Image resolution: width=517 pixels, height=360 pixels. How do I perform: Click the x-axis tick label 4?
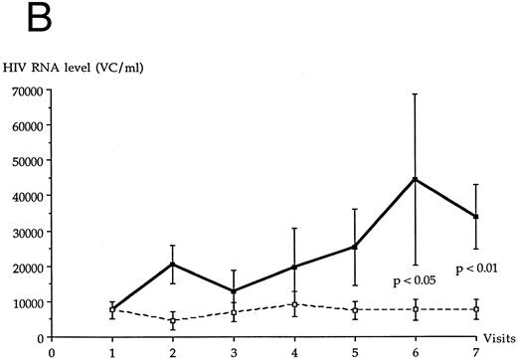[295, 350]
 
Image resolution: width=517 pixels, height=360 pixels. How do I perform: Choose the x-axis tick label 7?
[476, 350]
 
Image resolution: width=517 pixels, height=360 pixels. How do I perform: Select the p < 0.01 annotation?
[476, 269]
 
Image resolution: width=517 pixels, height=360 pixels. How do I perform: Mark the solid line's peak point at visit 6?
[416, 179]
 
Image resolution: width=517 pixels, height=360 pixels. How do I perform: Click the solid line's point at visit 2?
[173, 264]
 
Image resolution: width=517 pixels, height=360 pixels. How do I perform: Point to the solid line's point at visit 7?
[476, 217]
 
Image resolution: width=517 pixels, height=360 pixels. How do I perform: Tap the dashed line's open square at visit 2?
[173, 320]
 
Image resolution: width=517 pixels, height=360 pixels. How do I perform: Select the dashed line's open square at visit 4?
[295, 303]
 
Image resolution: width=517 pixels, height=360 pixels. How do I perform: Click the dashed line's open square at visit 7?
[476, 309]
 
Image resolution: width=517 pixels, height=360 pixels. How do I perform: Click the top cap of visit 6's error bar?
[416, 93]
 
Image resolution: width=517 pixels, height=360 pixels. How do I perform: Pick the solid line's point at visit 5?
[355, 246]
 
